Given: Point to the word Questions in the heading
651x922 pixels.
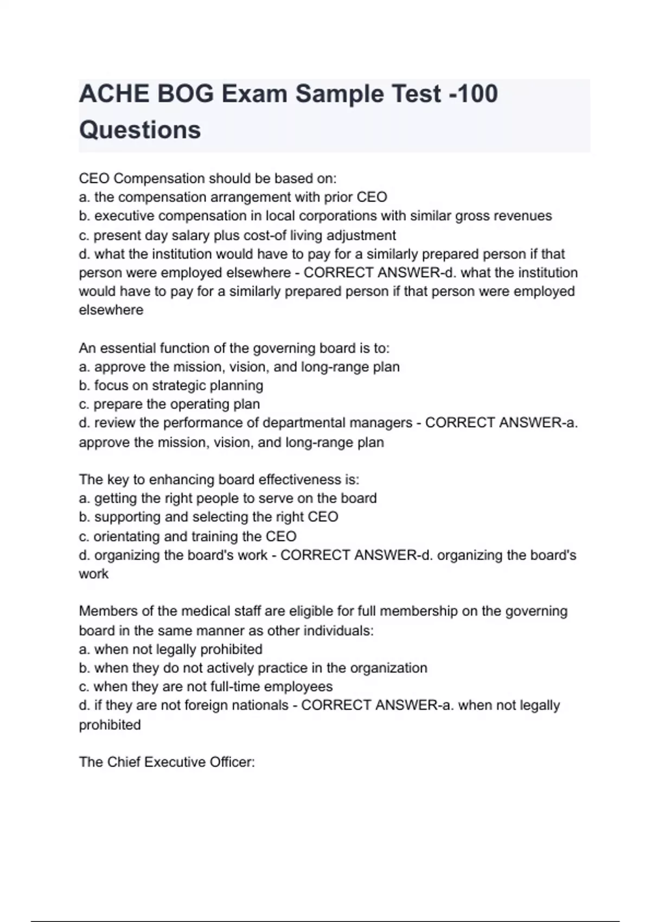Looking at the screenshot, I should tap(140, 130).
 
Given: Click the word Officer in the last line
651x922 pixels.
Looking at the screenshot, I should tap(228, 762).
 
